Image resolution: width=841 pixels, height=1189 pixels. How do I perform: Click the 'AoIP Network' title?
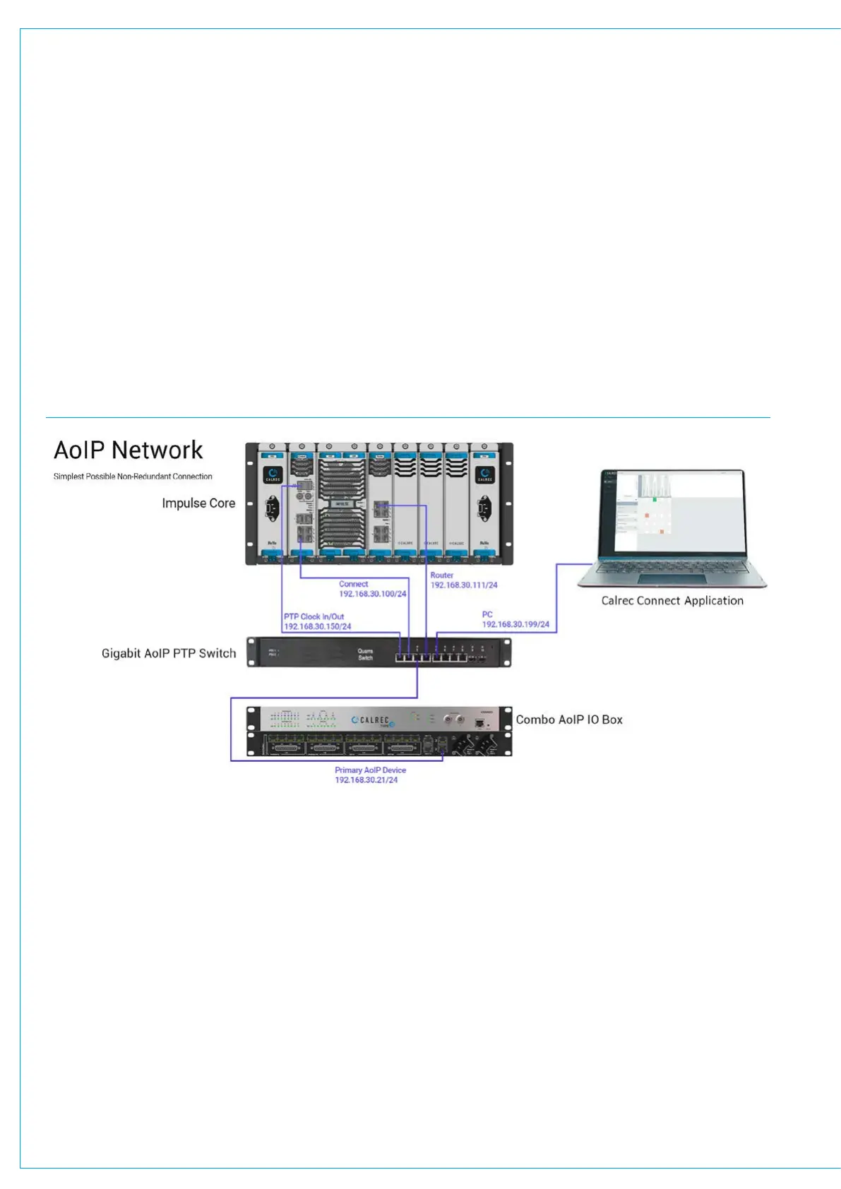point(129,450)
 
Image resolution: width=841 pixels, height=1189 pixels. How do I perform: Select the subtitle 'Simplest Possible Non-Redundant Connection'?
point(133,477)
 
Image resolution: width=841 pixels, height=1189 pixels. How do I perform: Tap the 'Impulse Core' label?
point(198,503)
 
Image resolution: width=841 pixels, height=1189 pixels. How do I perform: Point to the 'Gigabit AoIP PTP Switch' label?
point(169,654)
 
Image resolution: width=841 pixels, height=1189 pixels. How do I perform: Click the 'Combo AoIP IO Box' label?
point(569,720)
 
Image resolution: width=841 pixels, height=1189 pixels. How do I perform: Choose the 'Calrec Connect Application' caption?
point(672,601)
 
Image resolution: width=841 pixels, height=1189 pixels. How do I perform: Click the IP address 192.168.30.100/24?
point(373,594)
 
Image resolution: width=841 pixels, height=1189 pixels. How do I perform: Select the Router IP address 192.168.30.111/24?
point(464,585)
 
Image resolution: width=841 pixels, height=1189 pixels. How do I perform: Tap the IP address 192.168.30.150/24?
point(317,627)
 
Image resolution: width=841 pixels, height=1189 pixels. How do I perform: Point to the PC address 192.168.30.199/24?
point(515,625)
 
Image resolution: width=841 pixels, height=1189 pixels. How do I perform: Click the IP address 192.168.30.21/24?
point(366,780)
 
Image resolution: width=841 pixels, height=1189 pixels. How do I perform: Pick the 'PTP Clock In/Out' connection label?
point(314,617)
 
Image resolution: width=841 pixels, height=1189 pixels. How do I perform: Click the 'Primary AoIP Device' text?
point(370,770)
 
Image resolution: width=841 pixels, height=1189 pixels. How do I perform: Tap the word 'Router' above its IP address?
point(442,575)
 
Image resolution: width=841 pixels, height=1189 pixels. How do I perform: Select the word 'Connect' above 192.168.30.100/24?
point(353,585)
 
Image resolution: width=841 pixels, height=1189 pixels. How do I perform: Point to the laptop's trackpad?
point(672,579)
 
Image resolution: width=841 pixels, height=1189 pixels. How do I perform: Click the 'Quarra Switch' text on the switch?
point(365,655)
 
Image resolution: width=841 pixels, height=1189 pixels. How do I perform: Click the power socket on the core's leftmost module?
point(273,508)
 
